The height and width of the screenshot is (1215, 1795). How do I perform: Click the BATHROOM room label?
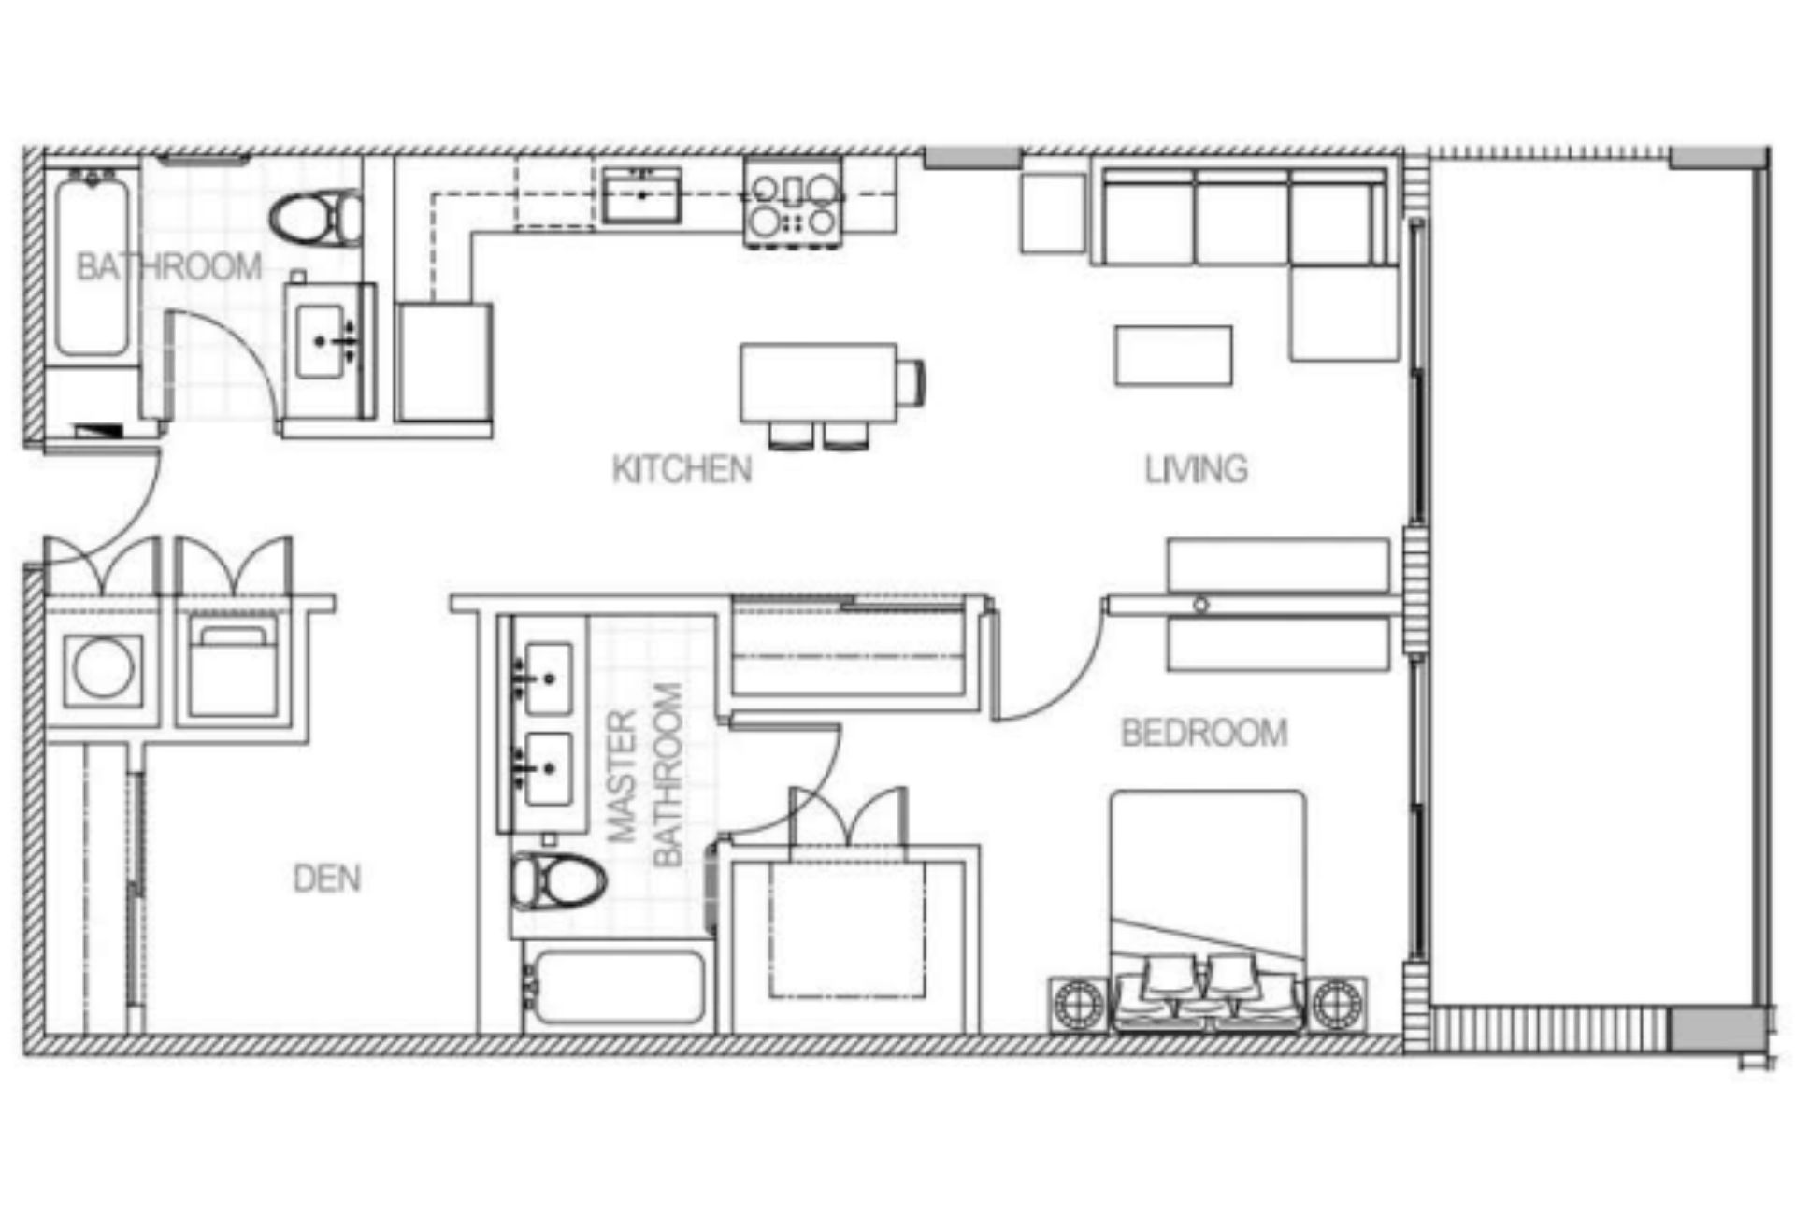tap(168, 267)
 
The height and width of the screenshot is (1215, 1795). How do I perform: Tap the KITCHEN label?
tap(682, 469)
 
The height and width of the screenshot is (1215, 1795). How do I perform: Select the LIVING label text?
tap(1196, 469)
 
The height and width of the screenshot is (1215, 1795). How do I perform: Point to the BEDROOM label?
tap(1204, 733)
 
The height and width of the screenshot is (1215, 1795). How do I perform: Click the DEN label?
tap(326, 879)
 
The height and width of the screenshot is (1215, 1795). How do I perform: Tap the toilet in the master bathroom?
tap(558, 880)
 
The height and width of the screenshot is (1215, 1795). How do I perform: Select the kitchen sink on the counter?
tap(640, 195)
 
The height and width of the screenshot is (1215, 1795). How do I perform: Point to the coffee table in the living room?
tap(1173, 355)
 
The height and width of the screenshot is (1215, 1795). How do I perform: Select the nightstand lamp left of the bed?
tap(1080, 1005)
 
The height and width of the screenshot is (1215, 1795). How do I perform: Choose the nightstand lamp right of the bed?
tap(1335, 1005)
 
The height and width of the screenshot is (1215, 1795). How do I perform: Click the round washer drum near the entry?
tap(103, 670)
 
